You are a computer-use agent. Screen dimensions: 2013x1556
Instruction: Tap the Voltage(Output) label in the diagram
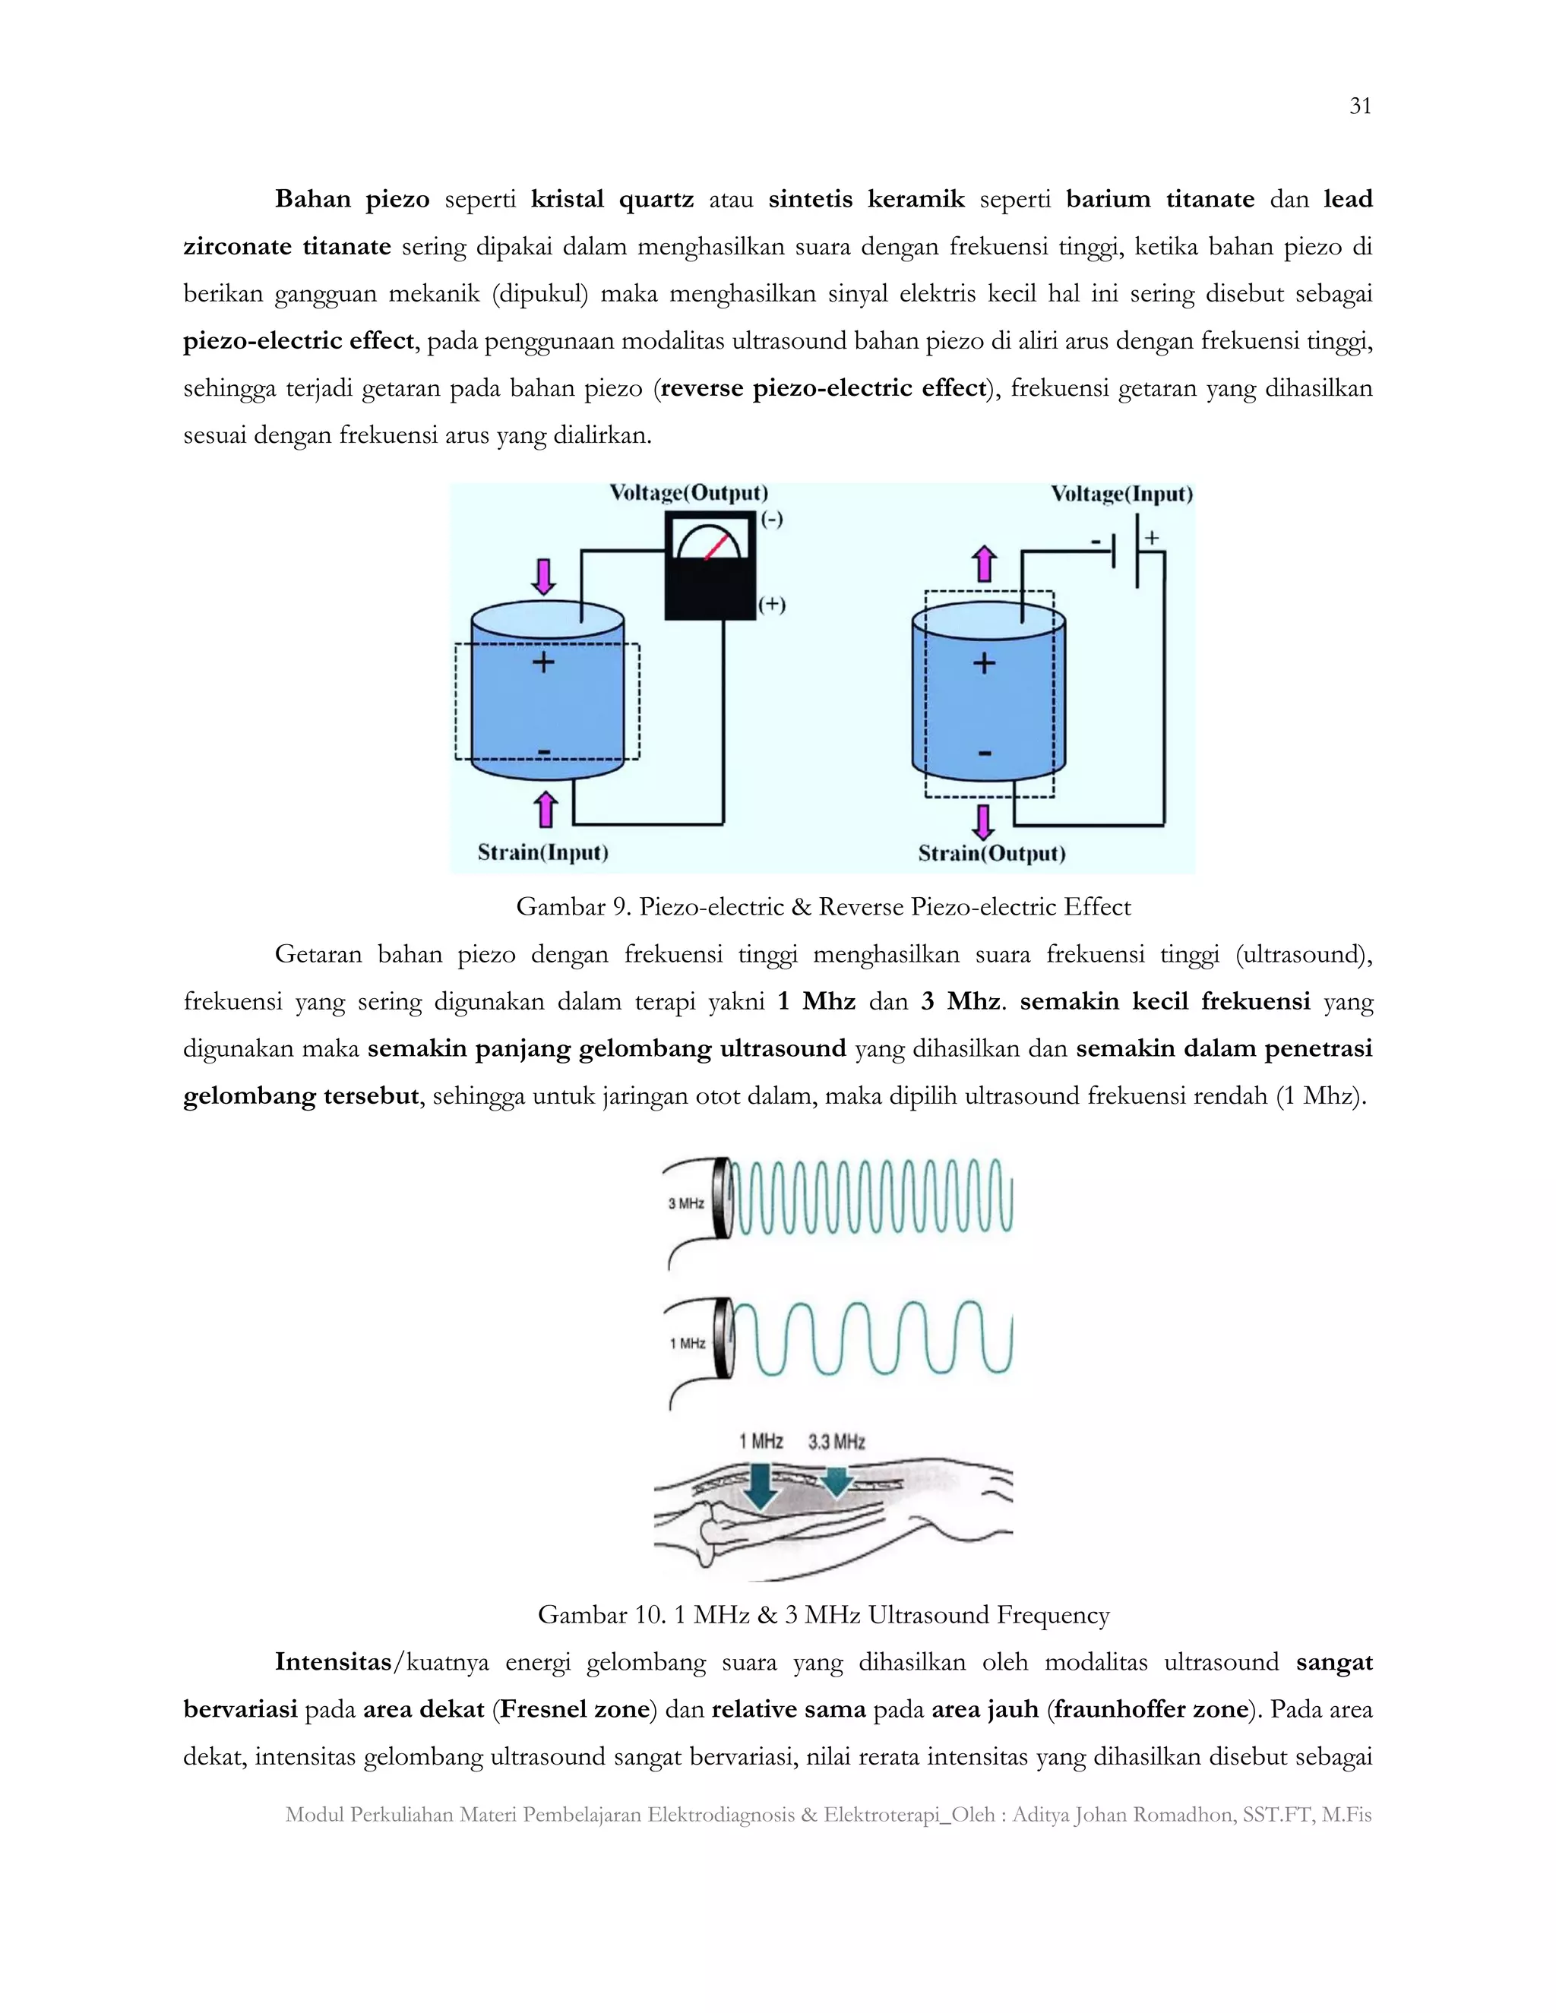[688, 493]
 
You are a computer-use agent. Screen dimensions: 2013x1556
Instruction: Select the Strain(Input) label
[543, 852]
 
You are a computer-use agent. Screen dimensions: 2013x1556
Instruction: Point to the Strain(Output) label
[991, 854]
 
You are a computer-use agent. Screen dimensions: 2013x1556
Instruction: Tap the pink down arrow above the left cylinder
[544, 576]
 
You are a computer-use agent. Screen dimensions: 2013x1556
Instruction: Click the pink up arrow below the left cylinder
[546, 808]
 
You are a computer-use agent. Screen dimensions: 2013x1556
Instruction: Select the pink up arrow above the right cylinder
[985, 562]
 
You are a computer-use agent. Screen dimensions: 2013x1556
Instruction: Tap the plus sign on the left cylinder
[543, 662]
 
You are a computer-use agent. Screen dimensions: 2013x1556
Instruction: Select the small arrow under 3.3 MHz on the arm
[835, 1481]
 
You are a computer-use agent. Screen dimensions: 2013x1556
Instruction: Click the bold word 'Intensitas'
[333, 1662]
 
